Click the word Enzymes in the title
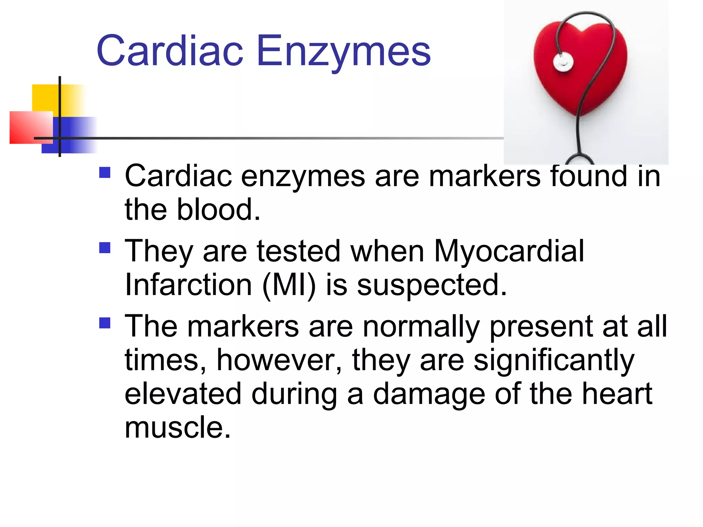tap(343, 51)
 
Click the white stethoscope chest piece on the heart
tap(563, 62)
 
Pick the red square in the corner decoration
tap(31, 127)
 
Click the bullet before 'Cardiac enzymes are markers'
tap(105, 172)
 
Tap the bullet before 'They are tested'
tap(105, 247)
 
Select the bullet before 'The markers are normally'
tap(105, 323)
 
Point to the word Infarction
tap(188, 285)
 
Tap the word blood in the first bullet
tap(218, 210)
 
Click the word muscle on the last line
tap(177, 428)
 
